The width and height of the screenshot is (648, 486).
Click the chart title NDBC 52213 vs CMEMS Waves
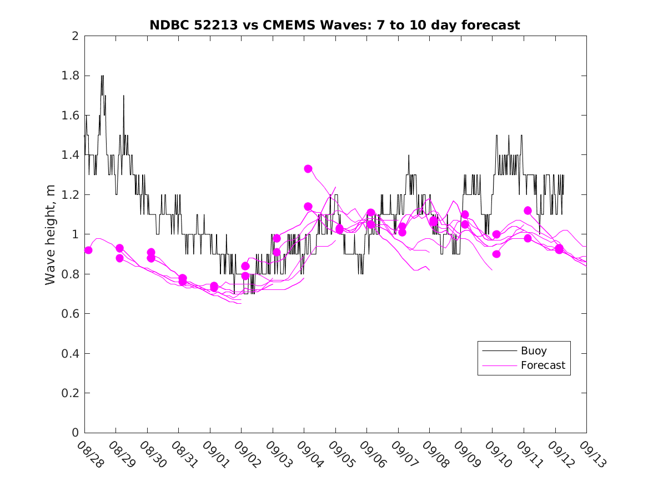pyautogui.click(x=334, y=25)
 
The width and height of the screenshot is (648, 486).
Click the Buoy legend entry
pyautogui.click(x=524, y=351)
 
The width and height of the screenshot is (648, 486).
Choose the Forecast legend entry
pyautogui.click(x=524, y=365)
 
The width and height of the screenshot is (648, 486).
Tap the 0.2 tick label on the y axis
pyautogui.click(x=71, y=393)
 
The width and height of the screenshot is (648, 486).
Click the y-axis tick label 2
pyautogui.click(x=75, y=36)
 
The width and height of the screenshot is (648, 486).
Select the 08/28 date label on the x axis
pyautogui.click(x=90, y=455)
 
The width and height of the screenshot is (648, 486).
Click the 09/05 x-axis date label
pyautogui.click(x=341, y=455)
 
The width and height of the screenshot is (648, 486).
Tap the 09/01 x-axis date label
pyautogui.click(x=215, y=455)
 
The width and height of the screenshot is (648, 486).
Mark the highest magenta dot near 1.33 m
pyautogui.click(x=308, y=169)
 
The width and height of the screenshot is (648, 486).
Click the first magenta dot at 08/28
pyautogui.click(x=88, y=250)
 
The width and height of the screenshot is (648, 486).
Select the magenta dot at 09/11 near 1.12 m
pyautogui.click(x=528, y=211)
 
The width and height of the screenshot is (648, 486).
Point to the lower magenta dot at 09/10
pyautogui.click(x=496, y=254)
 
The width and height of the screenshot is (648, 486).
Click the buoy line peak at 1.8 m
pyautogui.click(x=102, y=76)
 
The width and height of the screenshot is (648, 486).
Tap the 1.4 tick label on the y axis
pyautogui.click(x=71, y=155)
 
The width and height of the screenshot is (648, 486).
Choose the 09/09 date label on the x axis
pyautogui.click(x=466, y=455)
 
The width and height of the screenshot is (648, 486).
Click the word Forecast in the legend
pyautogui.click(x=542, y=365)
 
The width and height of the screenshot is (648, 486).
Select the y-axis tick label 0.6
pyautogui.click(x=71, y=314)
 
